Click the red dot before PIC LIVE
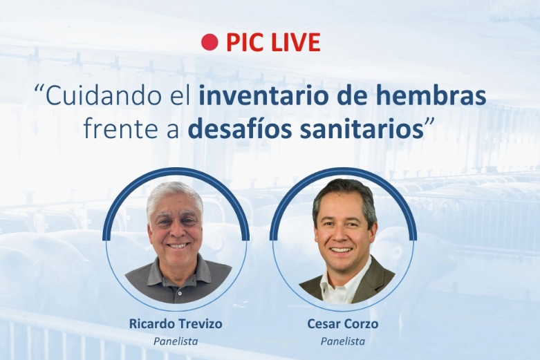pos(210,42)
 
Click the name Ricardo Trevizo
pos(176,323)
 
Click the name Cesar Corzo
pos(343,323)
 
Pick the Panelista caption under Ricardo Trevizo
pos(176,341)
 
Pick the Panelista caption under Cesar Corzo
pos(343,341)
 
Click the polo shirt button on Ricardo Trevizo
pos(179,292)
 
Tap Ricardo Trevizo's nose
pos(176,231)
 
